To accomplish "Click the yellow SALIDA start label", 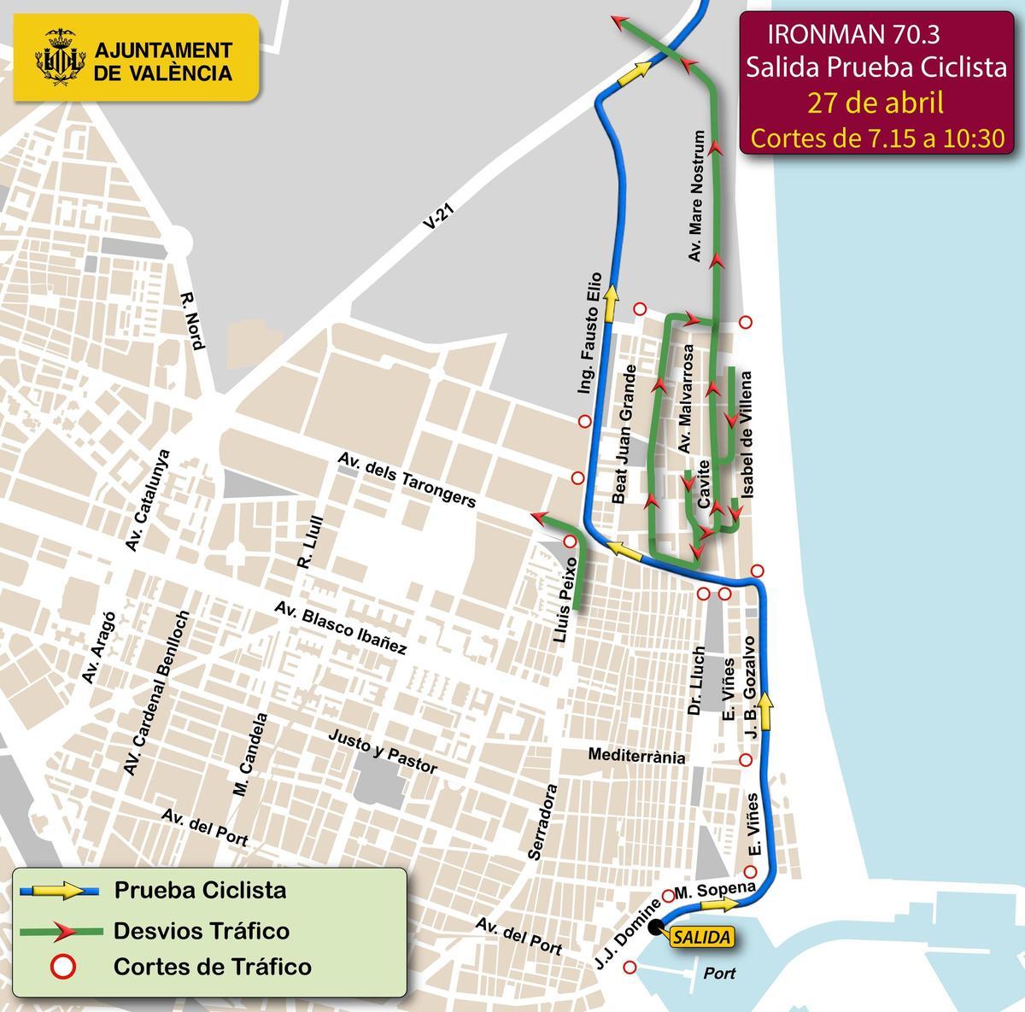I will [x=701, y=937].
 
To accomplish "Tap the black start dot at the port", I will [x=655, y=927].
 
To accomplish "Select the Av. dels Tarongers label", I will [x=406, y=479].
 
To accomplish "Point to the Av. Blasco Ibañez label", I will [x=340, y=628].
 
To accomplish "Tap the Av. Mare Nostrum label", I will [x=699, y=196].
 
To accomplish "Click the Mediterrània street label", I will [x=636, y=756].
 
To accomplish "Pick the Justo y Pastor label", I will [x=382, y=751].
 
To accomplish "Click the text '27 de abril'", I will [x=876, y=102].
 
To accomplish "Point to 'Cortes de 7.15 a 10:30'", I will [x=877, y=138].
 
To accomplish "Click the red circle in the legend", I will [x=64, y=967].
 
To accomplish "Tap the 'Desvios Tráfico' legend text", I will [x=202, y=930].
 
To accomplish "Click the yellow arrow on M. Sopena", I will [x=727, y=905].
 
